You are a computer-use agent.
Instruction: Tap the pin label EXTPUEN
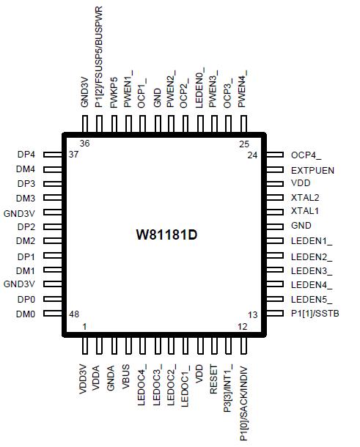pos(312,169)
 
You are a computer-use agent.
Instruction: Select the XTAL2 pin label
pos(305,198)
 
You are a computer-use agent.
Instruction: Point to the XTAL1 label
pos(305,212)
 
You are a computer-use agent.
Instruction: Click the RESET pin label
pos(213,381)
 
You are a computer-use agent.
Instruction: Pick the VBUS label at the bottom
pos(127,379)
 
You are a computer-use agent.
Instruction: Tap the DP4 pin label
pos(26,155)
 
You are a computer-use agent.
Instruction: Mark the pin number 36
pos(84,144)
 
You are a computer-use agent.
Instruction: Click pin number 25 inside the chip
pos(244,144)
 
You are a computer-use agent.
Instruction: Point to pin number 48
pos(74,314)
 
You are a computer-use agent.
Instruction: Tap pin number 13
pos(253,314)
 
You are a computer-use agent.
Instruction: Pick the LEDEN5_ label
pos(312,299)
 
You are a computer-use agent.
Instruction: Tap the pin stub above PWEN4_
pos(243,122)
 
